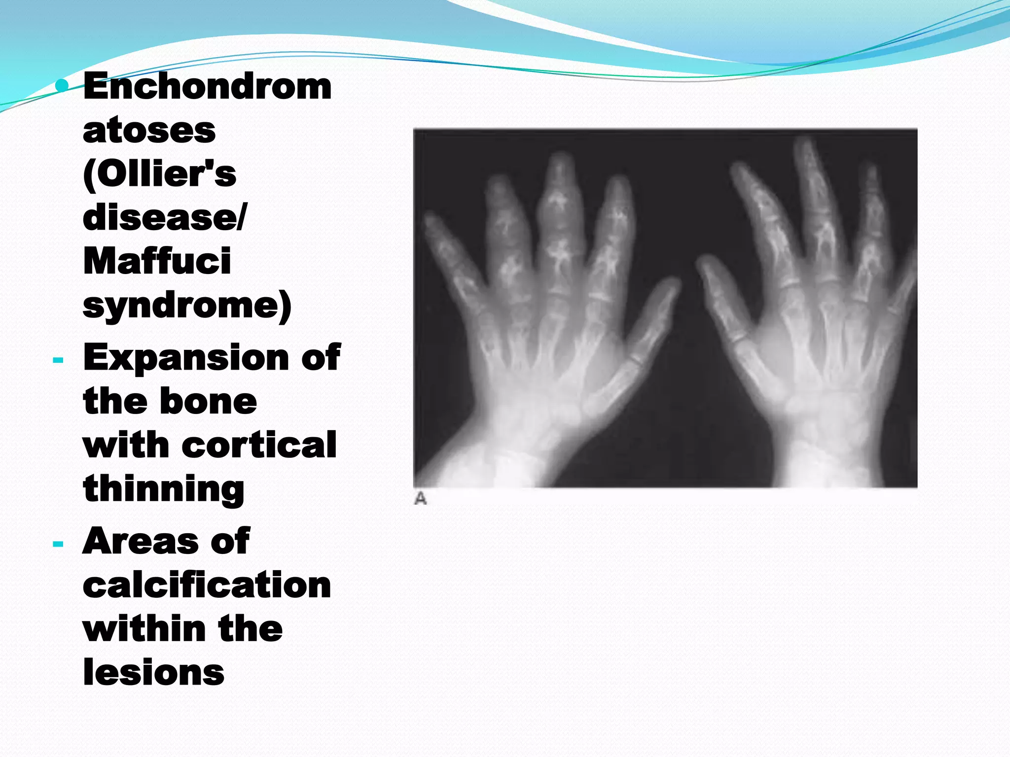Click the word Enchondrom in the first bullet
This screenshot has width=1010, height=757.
point(207,86)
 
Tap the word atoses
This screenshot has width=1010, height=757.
point(149,130)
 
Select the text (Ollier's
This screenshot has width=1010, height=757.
point(159,173)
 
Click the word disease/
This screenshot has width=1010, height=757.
point(165,217)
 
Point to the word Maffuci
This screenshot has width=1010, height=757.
point(157,261)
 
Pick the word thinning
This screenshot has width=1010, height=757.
point(164,489)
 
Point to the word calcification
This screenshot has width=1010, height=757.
point(207,585)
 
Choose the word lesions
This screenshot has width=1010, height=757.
point(153,672)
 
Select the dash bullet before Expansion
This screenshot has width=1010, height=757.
point(58,360)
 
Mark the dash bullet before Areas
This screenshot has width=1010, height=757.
point(58,544)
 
